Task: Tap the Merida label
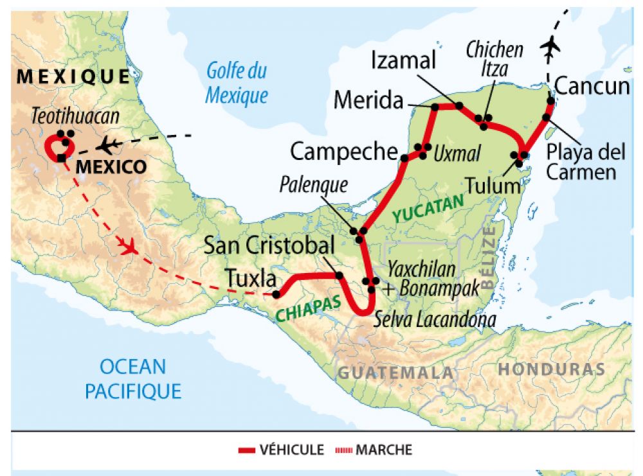(368, 101)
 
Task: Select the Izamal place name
(404, 62)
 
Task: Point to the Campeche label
(344, 152)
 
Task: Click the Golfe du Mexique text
(236, 83)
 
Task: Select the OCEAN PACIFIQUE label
(133, 378)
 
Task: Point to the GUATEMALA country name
(395, 373)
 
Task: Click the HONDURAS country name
(551, 369)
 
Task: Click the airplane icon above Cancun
(550, 47)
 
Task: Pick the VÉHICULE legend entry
(281, 450)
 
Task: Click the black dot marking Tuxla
(276, 295)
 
